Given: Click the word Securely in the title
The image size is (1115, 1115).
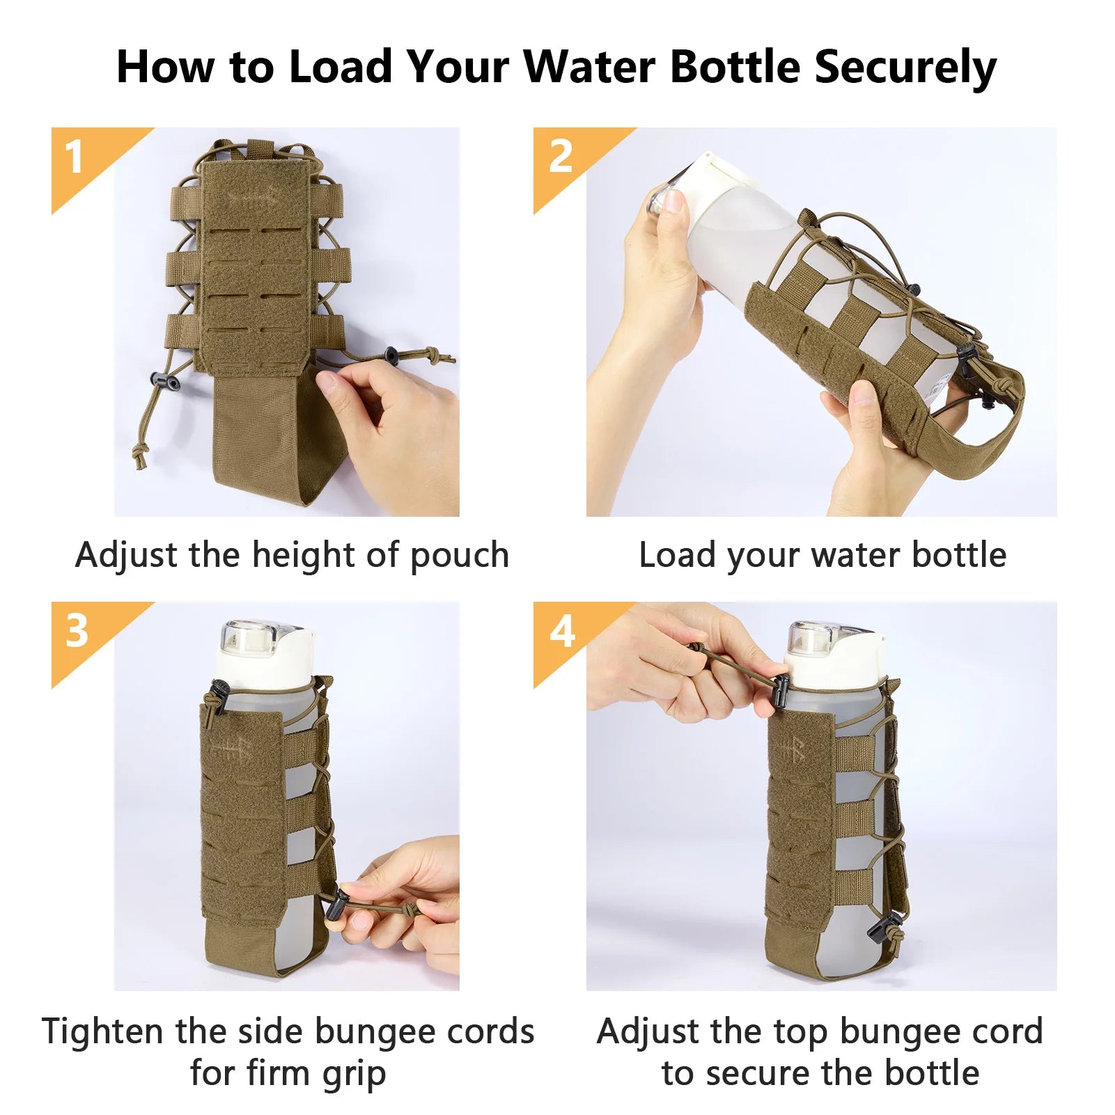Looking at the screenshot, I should [x=905, y=68].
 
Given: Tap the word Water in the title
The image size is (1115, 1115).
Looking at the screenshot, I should [x=588, y=67].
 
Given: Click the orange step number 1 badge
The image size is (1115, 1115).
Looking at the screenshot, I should [x=75, y=157].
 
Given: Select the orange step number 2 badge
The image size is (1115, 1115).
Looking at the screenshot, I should [x=561, y=157].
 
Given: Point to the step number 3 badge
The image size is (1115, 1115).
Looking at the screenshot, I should [x=77, y=632].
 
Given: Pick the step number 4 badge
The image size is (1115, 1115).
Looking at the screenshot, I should [x=561, y=632].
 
